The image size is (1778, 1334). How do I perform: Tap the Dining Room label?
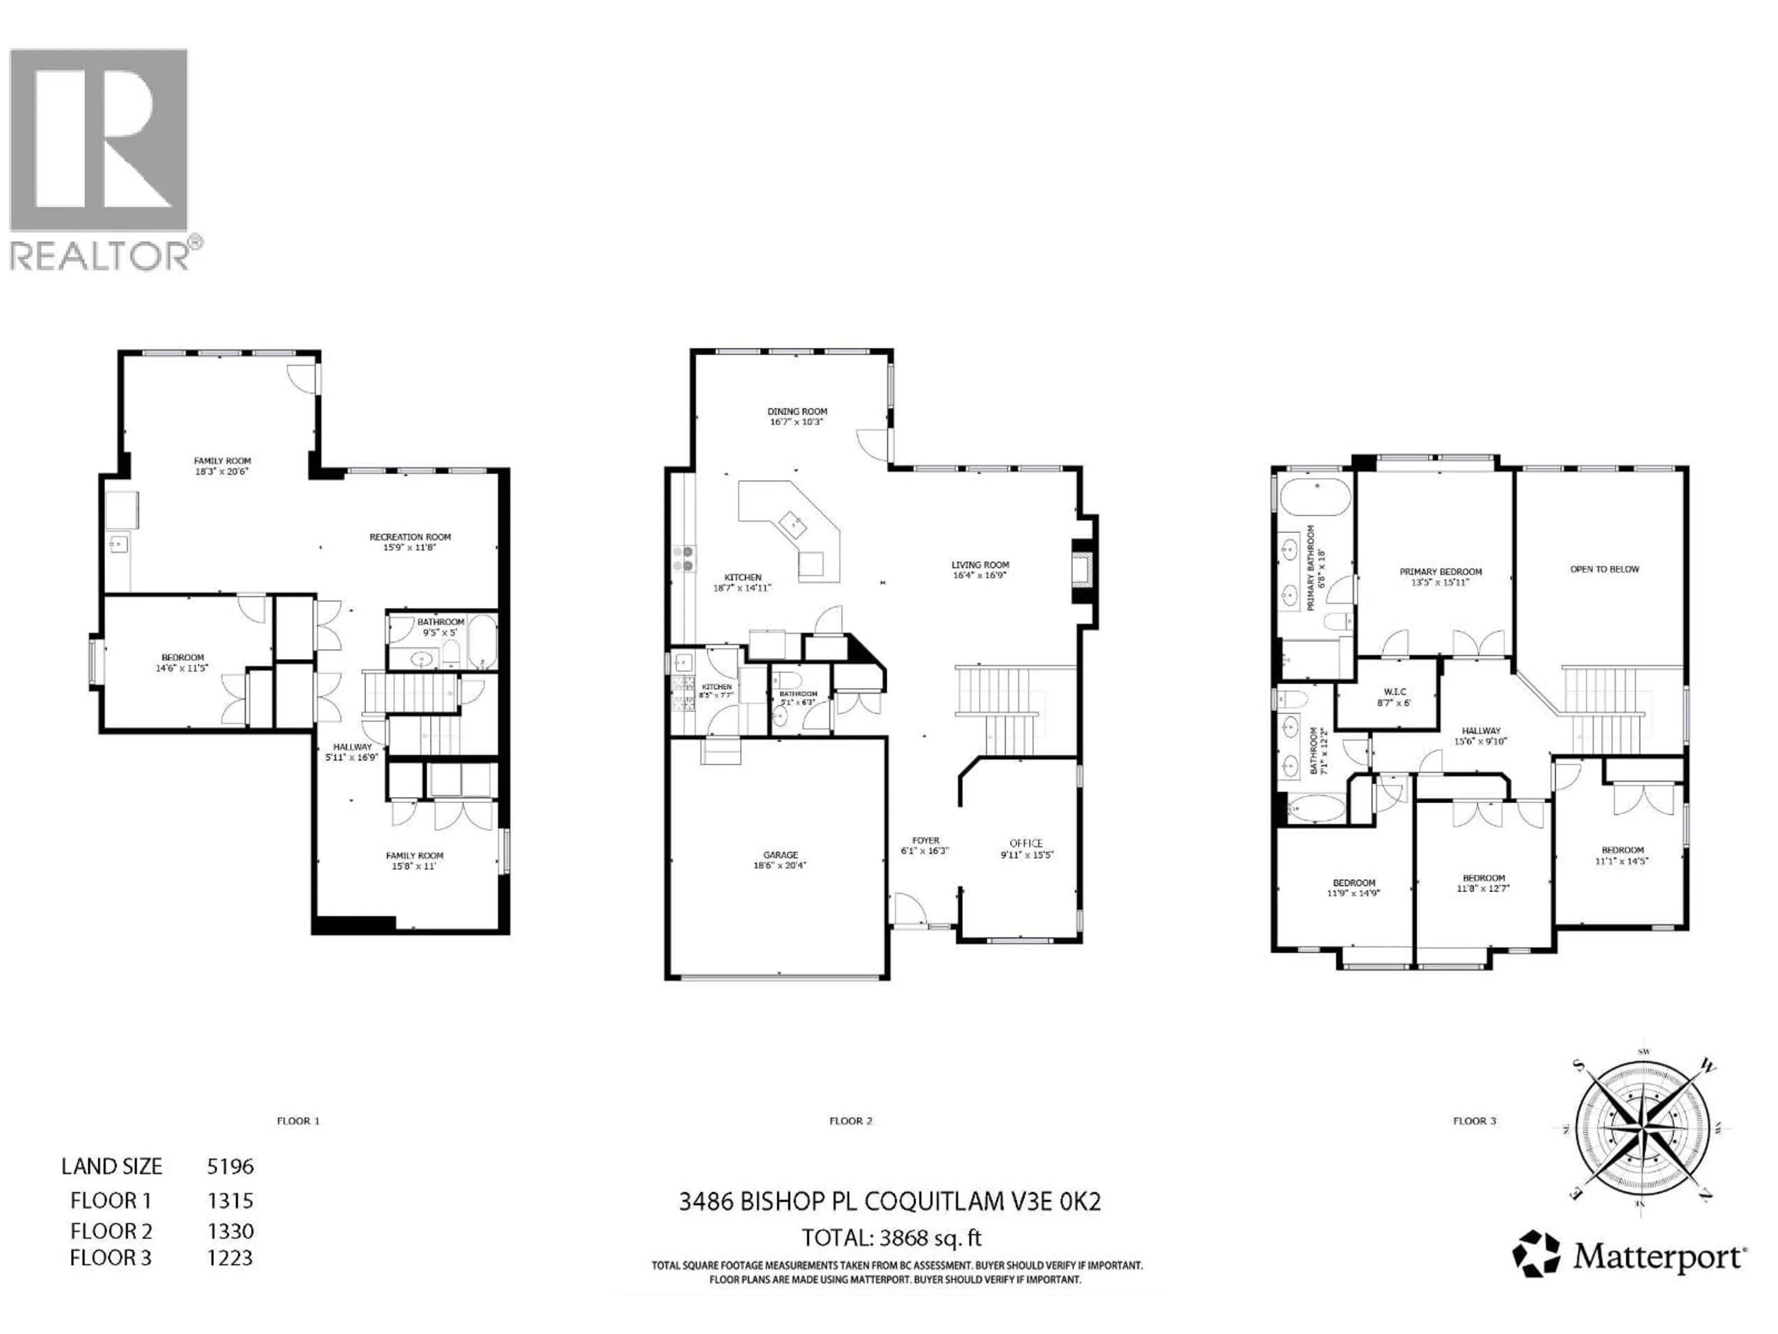796,416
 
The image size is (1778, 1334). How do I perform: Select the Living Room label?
980,569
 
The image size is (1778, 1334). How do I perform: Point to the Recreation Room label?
410,541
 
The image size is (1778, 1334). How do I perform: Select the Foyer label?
925,844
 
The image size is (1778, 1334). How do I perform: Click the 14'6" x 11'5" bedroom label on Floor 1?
182,662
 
